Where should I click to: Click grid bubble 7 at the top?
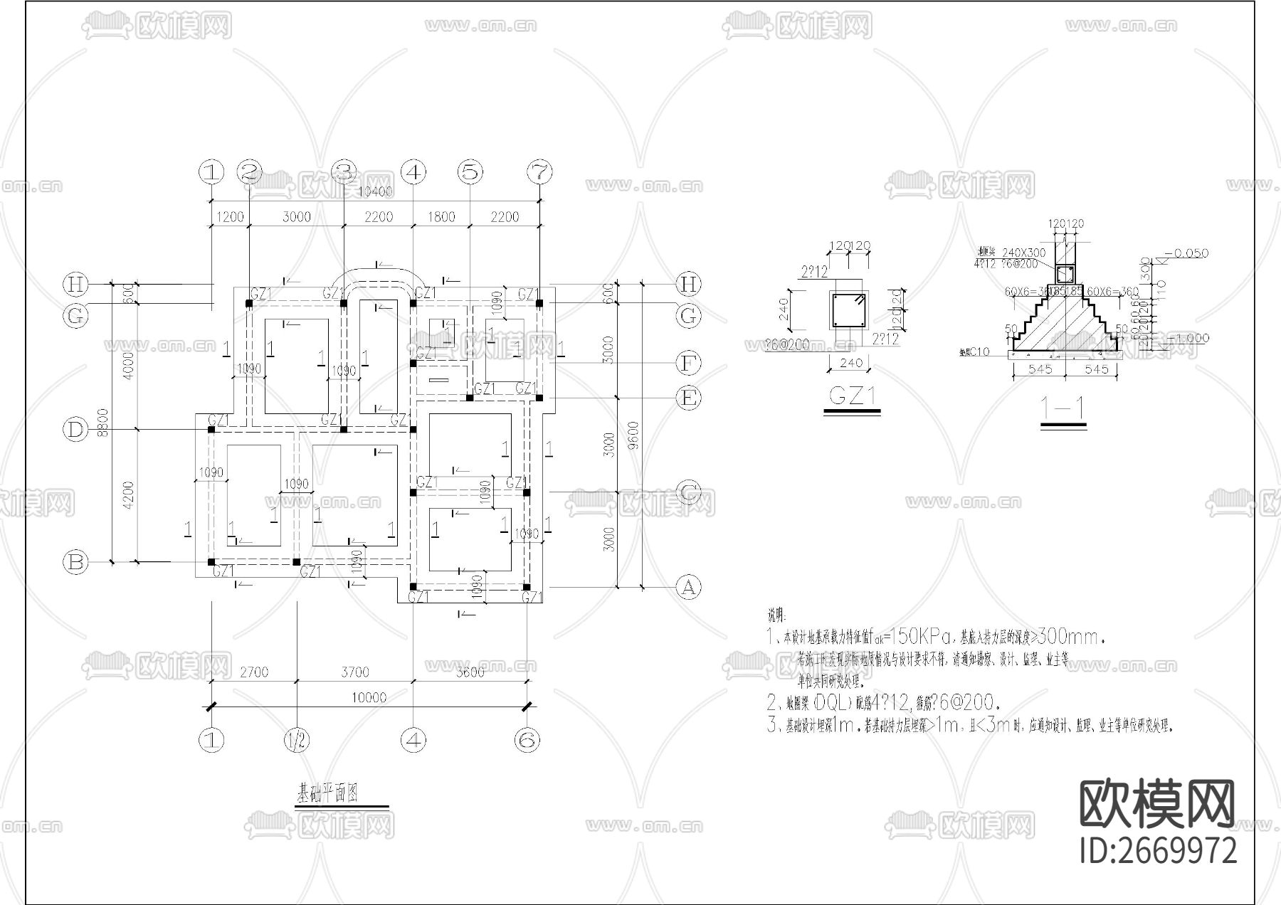pos(539,171)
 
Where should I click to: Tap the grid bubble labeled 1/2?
pos(297,741)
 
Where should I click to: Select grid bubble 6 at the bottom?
pos(527,741)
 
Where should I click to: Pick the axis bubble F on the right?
pos(687,364)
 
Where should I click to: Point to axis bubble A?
pos(687,588)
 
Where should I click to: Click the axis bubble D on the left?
pos(75,429)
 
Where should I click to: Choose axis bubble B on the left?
pos(75,563)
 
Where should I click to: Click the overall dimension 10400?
pos(375,193)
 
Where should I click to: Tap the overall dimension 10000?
pos(368,697)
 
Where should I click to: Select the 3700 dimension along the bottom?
pos(354,672)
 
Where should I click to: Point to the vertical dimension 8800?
pos(103,423)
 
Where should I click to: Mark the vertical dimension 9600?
pos(633,436)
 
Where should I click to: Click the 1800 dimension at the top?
pos(441,217)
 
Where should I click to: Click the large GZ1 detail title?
pos(852,396)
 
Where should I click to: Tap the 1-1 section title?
pos(1063,408)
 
